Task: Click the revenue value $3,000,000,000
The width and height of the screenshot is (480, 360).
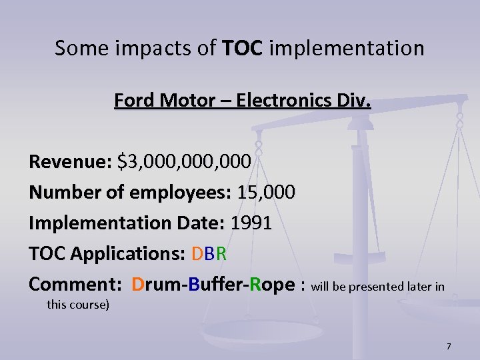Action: (x=184, y=162)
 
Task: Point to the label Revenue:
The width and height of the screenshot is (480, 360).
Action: (x=70, y=162)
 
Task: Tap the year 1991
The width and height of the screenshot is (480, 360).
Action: (x=251, y=223)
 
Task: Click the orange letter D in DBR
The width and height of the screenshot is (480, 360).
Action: (x=197, y=254)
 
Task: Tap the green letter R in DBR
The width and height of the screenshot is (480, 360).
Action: (x=222, y=254)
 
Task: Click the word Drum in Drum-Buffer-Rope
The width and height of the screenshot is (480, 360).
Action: (x=157, y=285)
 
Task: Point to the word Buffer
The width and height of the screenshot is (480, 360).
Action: (x=217, y=285)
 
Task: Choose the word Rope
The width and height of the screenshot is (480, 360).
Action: (x=272, y=285)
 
